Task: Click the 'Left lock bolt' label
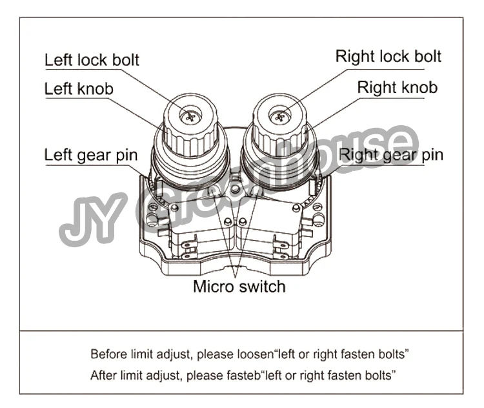(x=92, y=60)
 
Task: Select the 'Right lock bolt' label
(x=388, y=57)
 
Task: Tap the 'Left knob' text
(x=79, y=89)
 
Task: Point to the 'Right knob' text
(x=398, y=87)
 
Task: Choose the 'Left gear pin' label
(x=91, y=156)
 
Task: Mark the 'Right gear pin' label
(x=391, y=156)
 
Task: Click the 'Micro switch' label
(x=239, y=286)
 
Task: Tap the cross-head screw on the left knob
(x=190, y=116)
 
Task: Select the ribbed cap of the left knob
(x=188, y=135)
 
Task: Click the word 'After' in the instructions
(x=103, y=375)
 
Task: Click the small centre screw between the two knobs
(x=236, y=188)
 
